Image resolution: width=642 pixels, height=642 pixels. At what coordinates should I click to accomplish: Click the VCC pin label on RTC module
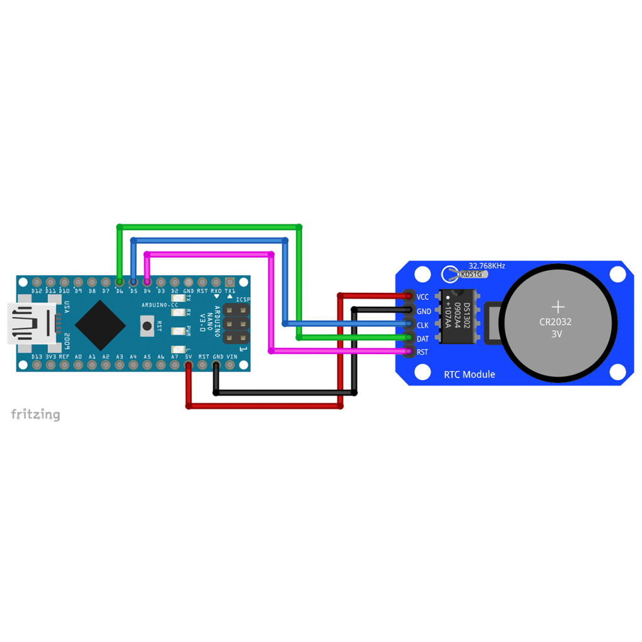pos(423,297)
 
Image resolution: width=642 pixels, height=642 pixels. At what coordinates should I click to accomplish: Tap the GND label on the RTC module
pos(424,311)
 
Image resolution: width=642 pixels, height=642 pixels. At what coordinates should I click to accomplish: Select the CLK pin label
pos(423,325)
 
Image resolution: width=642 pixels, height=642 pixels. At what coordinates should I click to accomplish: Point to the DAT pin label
pos(423,339)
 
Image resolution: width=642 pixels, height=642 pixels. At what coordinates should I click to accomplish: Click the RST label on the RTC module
pos(423,352)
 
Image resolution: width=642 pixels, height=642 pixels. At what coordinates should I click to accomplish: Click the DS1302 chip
pos(457,317)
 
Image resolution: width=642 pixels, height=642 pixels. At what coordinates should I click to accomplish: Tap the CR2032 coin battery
pos(557,322)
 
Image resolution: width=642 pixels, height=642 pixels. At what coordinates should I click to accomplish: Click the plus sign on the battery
pos(557,307)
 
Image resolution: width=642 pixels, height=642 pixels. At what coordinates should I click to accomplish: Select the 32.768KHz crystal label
pos(487,266)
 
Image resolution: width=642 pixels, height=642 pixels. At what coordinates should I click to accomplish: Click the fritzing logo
pos(36,414)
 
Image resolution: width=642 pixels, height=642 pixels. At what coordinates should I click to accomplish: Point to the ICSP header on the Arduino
pos(235,324)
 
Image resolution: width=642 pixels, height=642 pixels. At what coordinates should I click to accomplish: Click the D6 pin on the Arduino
pos(119,283)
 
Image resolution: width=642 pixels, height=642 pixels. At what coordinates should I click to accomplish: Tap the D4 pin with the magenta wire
pos(147,283)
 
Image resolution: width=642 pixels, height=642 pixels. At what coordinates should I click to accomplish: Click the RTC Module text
pos(469,374)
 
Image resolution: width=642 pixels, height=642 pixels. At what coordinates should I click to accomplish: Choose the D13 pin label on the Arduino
pos(36,357)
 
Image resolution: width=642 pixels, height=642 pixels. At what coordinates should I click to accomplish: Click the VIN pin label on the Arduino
pos(231,357)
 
